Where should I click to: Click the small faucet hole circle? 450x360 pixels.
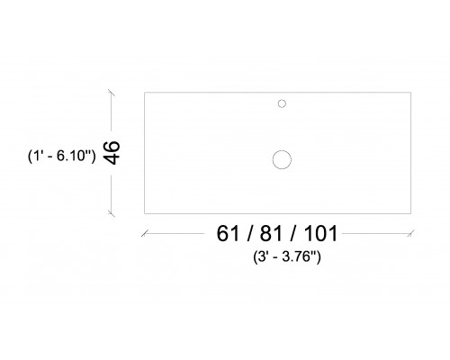(x=282, y=100)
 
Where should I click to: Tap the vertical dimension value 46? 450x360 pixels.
(x=112, y=152)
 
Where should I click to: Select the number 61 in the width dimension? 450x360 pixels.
(x=228, y=233)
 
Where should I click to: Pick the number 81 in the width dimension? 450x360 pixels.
(x=271, y=233)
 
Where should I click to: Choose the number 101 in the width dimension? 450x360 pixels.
(x=321, y=233)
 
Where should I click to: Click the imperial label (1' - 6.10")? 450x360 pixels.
(x=62, y=156)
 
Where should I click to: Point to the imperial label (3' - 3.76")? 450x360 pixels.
(x=287, y=257)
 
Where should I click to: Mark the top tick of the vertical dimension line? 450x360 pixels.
(x=112, y=93)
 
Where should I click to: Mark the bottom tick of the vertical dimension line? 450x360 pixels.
(x=112, y=213)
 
